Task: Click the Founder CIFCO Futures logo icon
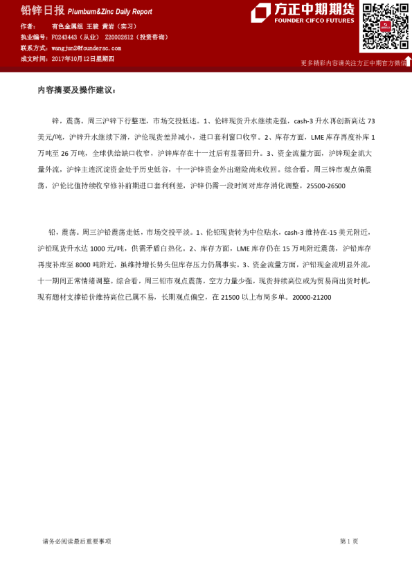click(x=261, y=12)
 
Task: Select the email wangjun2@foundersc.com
click(x=86, y=48)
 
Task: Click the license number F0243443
click(x=65, y=37)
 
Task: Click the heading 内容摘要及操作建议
click(x=78, y=91)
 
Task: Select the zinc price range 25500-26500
click(x=326, y=186)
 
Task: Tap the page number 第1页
click(x=349, y=541)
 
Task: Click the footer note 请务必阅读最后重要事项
click(x=77, y=541)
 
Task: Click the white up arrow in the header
click(x=408, y=61)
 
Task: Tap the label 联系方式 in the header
click(x=33, y=48)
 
